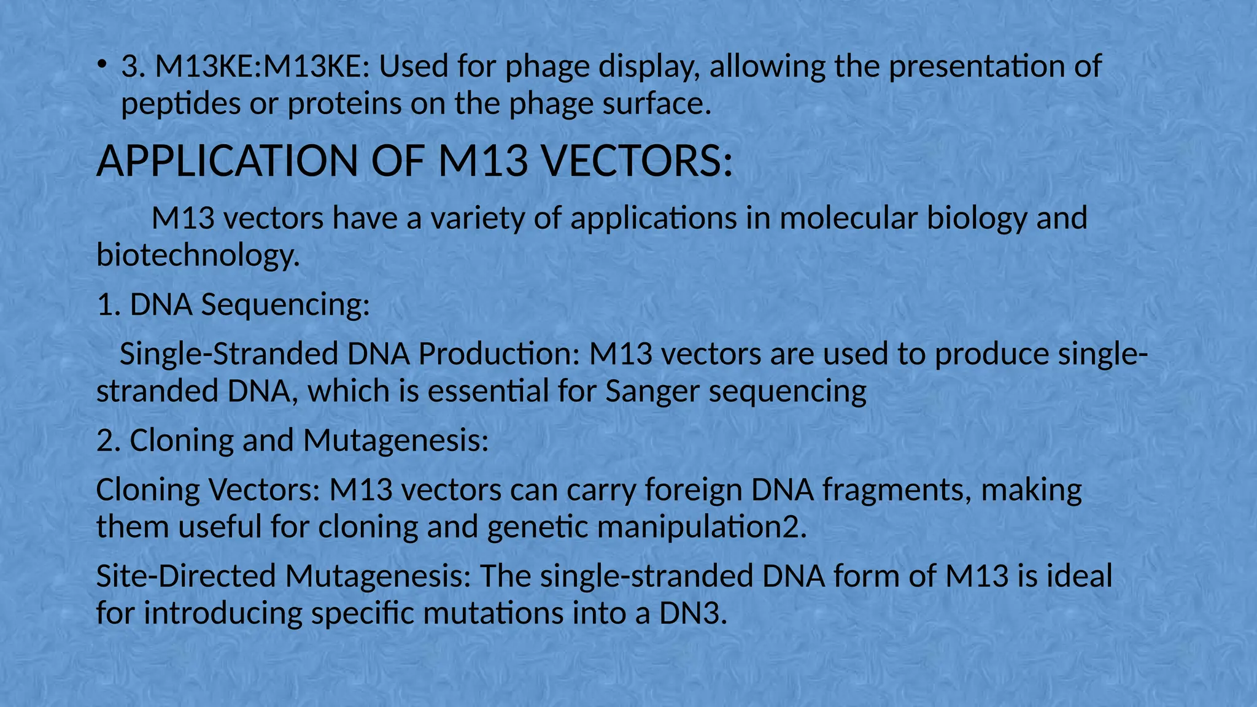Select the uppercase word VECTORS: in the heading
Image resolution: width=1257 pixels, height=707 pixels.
point(636,161)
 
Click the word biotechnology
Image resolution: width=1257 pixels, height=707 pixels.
point(198,255)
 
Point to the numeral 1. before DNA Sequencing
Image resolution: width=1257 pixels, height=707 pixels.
point(108,304)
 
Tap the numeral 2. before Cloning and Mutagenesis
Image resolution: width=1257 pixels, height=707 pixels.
point(108,440)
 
